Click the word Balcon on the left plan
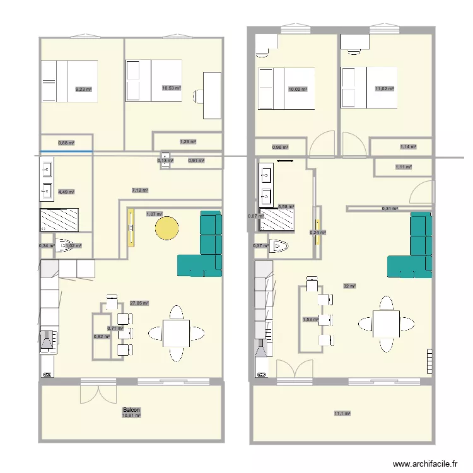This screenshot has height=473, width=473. point(132,411)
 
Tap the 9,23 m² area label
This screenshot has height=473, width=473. point(83,90)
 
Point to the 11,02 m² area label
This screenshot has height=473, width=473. point(385,89)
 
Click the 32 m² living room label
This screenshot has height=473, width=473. point(349,286)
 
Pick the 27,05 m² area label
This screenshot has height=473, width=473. point(139,303)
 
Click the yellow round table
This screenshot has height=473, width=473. point(167,228)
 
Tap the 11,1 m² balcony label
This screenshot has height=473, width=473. point(342,414)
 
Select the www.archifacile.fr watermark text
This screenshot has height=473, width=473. point(424,464)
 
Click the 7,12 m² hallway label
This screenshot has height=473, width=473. point(139,190)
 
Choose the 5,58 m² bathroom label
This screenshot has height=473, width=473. point(286,206)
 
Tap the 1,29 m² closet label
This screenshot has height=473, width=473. point(188,142)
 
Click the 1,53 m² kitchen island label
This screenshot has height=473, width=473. point(310,319)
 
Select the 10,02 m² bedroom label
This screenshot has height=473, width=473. point(298,89)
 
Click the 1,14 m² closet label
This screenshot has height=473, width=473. point(407,147)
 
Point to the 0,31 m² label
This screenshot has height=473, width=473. point(390,208)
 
